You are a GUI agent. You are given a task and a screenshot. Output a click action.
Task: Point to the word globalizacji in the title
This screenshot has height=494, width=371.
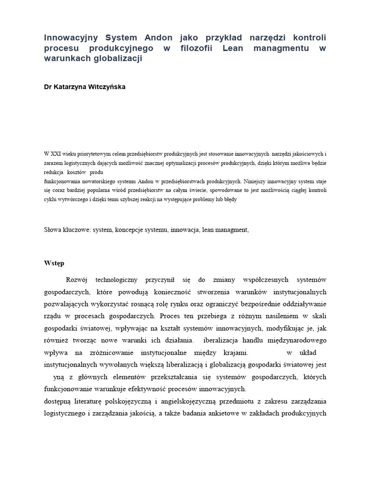[x=119, y=58]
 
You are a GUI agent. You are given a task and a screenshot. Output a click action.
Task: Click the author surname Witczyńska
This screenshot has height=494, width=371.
[x=104, y=87]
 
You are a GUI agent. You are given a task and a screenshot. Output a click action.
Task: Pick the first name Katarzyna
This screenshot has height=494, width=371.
[x=68, y=87]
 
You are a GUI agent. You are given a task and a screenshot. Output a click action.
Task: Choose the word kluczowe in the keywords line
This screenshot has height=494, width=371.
[x=76, y=230]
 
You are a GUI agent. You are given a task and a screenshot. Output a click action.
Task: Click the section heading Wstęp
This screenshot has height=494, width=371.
[x=54, y=263]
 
